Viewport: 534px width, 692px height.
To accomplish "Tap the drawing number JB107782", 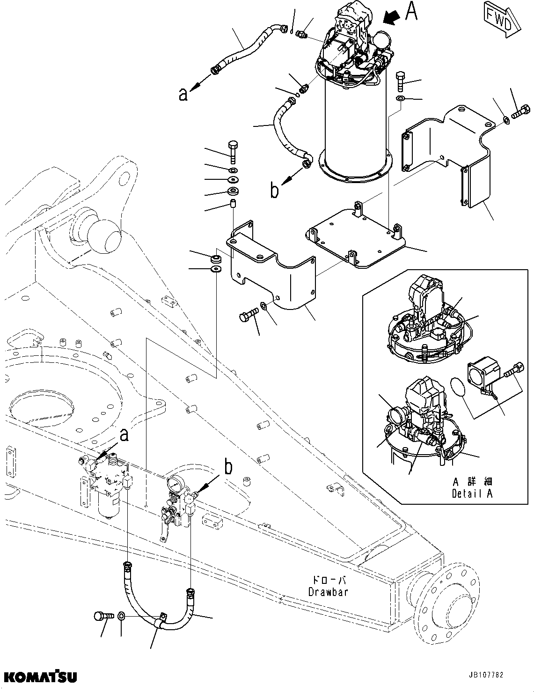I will point(485,675).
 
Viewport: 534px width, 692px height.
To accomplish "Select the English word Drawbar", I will point(328,592).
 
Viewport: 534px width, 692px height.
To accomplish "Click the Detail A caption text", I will point(472,493).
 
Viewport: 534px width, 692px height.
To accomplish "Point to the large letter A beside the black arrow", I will point(410,12).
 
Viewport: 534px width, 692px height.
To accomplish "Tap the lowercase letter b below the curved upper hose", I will point(275,191).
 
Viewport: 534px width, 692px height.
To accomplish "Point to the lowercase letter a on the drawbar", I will point(124,435).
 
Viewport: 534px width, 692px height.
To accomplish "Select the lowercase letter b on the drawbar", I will point(228,467).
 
